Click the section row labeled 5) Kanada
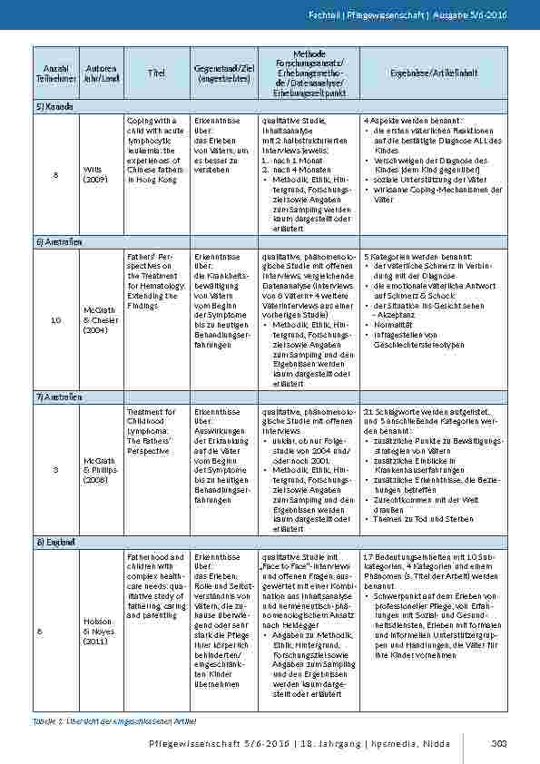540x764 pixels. (55, 106)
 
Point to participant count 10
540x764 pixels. (55, 319)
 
